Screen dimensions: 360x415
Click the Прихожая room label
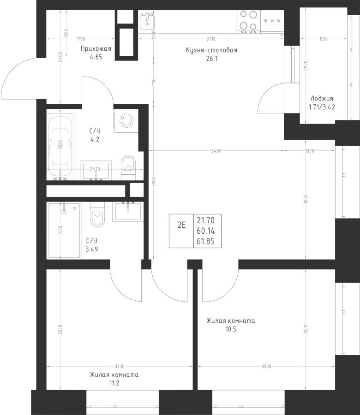click(x=96, y=49)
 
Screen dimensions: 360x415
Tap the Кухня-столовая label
click(x=211, y=50)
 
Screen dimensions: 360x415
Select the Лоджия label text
click(x=322, y=99)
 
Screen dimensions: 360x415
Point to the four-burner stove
click(x=248, y=22)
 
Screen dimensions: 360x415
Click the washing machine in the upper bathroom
click(x=126, y=121)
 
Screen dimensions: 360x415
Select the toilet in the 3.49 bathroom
click(x=97, y=214)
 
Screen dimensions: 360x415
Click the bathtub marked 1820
click(x=60, y=147)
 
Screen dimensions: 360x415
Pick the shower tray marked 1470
click(x=64, y=230)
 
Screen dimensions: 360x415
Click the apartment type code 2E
click(x=182, y=225)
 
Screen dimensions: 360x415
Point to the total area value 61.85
click(x=205, y=241)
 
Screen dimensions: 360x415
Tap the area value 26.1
click(x=212, y=59)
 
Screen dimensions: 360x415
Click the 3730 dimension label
click(x=120, y=366)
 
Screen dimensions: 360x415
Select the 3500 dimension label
click(x=266, y=366)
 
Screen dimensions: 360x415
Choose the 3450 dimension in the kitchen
click(x=216, y=151)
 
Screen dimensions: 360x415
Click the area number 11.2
click(x=114, y=383)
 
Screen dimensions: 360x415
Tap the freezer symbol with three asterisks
click(x=272, y=21)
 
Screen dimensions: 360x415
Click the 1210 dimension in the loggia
click(x=324, y=39)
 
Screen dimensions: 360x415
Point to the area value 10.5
click(x=231, y=329)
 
